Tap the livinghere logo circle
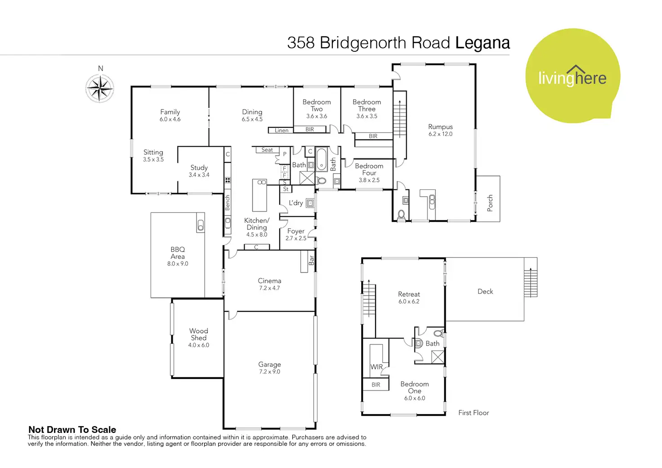[x=573, y=76]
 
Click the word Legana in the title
[x=483, y=43]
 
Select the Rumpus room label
[x=440, y=126]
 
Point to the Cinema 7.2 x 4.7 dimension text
[x=269, y=288]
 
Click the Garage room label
[x=269, y=364]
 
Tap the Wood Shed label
[x=199, y=334]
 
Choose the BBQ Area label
[x=178, y=253]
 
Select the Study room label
[x=199, y=168]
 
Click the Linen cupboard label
[x=282, y=130]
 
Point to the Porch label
[x=490, y=203]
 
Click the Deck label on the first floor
[x=485, y=292]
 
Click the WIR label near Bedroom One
[x=376, y=367]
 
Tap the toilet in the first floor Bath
[x=438, y=333]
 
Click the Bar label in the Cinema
[x=312, y=260]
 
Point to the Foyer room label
[x=296, y=231]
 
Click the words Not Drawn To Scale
[x=72, y=430]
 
